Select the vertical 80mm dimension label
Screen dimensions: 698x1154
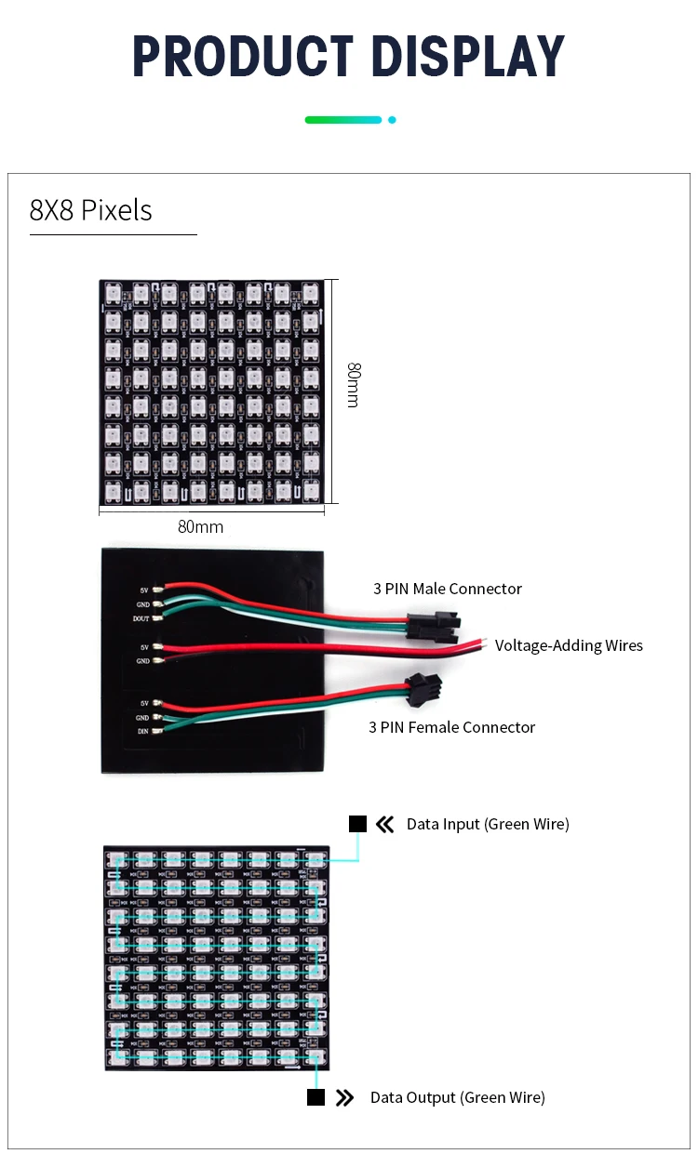(353, 384)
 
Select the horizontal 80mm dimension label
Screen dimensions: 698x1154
(201, 527)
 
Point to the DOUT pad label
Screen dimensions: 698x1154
(141, 618)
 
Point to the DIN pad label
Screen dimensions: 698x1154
(142, 732)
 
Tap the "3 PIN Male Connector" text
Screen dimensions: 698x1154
(448, 589)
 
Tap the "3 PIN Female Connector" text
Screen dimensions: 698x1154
(452, 727)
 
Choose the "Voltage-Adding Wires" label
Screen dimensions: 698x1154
(569, 645)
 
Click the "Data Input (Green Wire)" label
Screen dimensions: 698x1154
(488, 824)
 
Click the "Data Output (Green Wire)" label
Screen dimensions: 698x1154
(458, 1097)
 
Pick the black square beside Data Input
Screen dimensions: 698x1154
(358, 824)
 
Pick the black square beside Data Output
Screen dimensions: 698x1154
(316, 1097)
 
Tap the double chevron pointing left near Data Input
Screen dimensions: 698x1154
(385, 824)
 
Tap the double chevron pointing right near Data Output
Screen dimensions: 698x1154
(345, 1097)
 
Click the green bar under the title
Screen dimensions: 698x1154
(342, 120)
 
